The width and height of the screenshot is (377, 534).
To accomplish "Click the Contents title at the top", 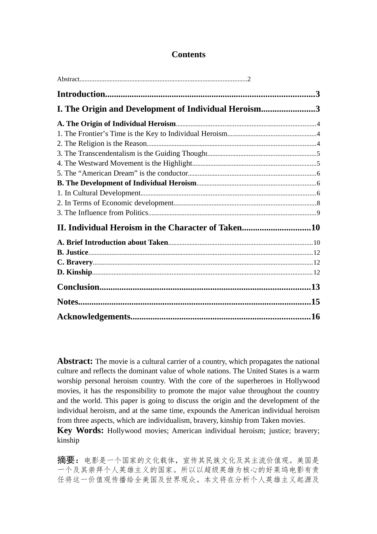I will (x=188, y=55).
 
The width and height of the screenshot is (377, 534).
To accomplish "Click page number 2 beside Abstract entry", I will (x=249, y=79).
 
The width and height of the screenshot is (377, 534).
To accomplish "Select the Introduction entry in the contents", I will (x=81, y=94).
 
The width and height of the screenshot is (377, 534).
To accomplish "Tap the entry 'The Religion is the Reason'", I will (x=102, y=144).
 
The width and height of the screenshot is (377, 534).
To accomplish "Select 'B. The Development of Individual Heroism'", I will (x=127, y=183).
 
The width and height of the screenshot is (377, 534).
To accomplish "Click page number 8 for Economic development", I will (x=318, y=203).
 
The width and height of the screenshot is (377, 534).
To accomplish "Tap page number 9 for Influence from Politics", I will (x=318, y=213).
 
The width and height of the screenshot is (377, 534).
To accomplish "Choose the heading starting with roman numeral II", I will (x=149, y=228).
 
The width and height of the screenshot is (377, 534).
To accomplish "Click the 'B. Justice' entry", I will (x=73, y=252).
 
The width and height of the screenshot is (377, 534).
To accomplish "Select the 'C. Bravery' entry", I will (x=75, y=262).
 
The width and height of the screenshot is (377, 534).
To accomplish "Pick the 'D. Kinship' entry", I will (x=74, y=272).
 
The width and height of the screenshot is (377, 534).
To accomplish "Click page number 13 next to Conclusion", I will (x=315, y=287).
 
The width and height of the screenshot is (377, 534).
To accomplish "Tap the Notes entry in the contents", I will (x=67, y=302).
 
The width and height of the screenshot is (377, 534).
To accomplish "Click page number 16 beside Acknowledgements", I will (x=315, y=317).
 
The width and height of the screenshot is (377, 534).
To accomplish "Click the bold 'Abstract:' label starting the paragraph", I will (x=75, y=361).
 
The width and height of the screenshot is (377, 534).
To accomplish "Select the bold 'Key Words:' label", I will (x=80, y=431).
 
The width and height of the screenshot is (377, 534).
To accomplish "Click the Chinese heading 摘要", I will (x=66, y=460).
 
